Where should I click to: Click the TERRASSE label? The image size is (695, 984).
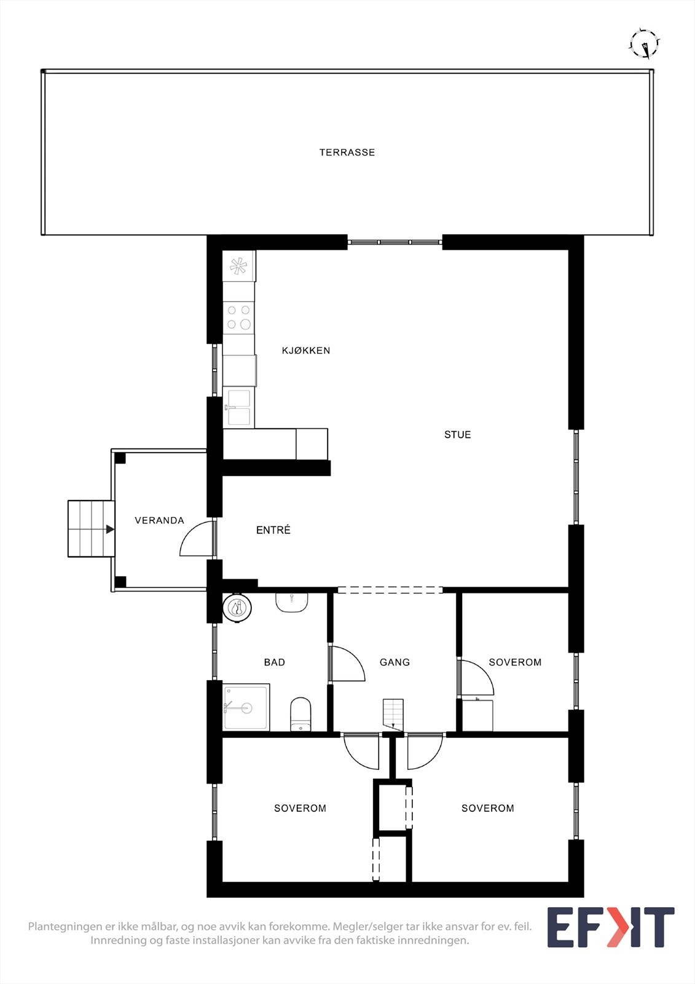pyautogui.click(x=347, y=153)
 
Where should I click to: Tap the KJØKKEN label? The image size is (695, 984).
pyautogui.click(x=306, y=351)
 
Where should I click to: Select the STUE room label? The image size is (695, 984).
pyautogui.click(x=457, y=435)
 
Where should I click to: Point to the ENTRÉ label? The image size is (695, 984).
pyautogui.click(x=273, y=530)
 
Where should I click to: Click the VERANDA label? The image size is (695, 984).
pyautogui.click(x=159, y=520)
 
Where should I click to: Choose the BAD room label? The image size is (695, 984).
pyautogui.click(x=274, y=662)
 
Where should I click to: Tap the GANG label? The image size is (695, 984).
pyautogui.click(x=395, y=662)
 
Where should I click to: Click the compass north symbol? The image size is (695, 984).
pyautogui.click(x=645, y=44)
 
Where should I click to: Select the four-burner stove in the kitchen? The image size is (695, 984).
pyautogui.click(x=238, y=317)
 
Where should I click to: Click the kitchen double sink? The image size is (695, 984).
pyautogui.click(x=238, y=407)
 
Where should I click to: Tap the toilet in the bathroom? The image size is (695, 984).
pyautogui.click(x=300, y=715)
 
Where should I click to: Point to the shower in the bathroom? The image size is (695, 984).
pyautogui.click(x=246, y=707)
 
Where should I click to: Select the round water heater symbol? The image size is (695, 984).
pyautogui.click(x=237, y=608)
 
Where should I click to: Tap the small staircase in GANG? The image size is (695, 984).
pyautogui.click(x=393, y=713)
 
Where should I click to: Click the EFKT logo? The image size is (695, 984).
pyautogui.click(x=610, y=927)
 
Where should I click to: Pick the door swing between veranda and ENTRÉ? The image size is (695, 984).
pyautogui.click(x=197, y=539)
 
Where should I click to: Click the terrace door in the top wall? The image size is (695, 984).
pyautogui.click(x=395, y=242)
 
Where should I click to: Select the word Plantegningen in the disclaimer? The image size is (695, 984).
pyautogui.click(x=64, y=926)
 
